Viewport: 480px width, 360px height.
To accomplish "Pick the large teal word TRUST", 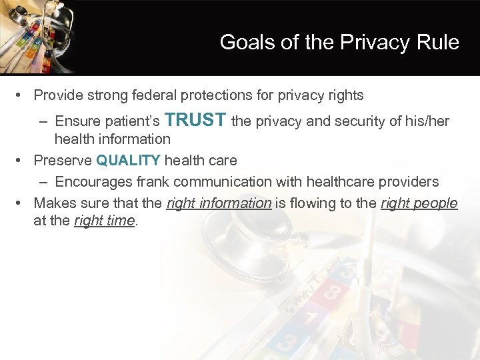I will (195, 120).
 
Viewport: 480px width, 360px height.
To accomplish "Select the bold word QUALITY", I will (129, 161).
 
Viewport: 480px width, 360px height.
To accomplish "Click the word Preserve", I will (63, 161).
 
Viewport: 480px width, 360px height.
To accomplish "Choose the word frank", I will (151, 181).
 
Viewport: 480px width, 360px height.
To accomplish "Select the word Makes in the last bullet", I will (53, 203).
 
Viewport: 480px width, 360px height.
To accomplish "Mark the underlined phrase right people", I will (419, 203).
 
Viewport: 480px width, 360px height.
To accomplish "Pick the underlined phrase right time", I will (105, 221).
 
